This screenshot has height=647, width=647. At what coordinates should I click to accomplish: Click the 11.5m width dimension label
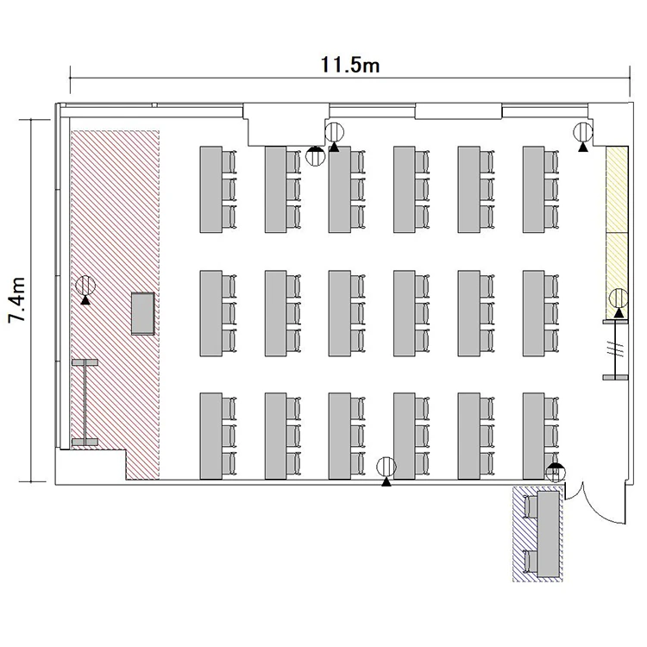pos(350,65)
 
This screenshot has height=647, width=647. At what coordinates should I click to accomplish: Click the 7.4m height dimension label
pos(17,299)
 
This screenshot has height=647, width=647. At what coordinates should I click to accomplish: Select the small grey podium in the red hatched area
pos(142,313)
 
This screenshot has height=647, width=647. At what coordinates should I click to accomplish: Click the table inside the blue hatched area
pos(549,534)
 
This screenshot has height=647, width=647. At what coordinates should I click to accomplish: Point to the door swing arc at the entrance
pos(606,507)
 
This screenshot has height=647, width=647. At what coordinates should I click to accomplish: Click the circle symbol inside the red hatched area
pos(85,285)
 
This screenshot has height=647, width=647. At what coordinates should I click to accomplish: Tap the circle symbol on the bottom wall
pos(386,467)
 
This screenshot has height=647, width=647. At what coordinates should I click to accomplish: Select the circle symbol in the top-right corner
pos(582,133)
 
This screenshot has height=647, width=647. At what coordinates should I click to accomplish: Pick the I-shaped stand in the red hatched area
pos(85,402)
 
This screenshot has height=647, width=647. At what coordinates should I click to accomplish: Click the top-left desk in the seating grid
pos(210,190)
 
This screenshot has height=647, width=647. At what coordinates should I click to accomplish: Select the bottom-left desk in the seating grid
pos(210,437)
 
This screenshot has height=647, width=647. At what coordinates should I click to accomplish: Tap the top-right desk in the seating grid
pos(533,190)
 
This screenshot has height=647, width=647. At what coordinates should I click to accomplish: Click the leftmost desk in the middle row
pos(210,313)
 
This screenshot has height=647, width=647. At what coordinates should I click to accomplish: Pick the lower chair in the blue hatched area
pos(531,562)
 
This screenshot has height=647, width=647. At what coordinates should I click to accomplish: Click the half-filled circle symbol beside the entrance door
pos(556,473)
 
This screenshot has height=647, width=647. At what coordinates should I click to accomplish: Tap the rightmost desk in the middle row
pos(533,313)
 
